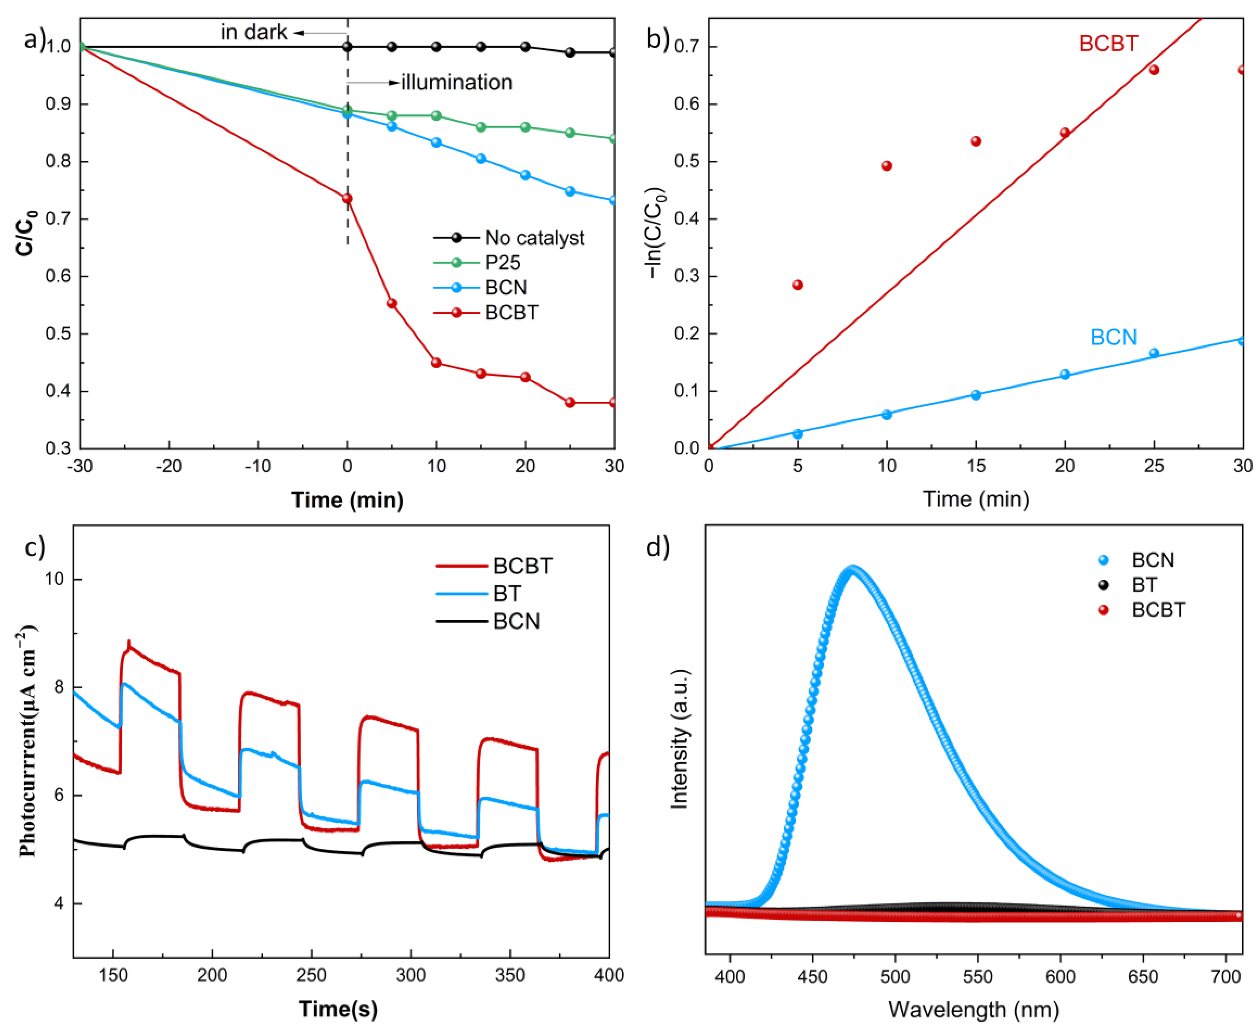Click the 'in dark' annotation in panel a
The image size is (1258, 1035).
coord(253,32)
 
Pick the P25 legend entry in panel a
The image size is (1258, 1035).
coord(502,263)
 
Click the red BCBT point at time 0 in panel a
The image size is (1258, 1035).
coord(347,199)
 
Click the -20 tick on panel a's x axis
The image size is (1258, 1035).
coord(169,466)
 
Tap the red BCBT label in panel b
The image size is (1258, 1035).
coord(1108,43)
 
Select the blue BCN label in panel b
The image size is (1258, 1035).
coord(1113,337)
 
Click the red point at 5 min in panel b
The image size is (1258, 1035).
coord(797,285)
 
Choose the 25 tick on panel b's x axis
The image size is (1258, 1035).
coord(1154,466)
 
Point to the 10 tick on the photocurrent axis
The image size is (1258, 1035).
coord(55,579)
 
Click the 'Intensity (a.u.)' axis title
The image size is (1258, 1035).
coord(679,739)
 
